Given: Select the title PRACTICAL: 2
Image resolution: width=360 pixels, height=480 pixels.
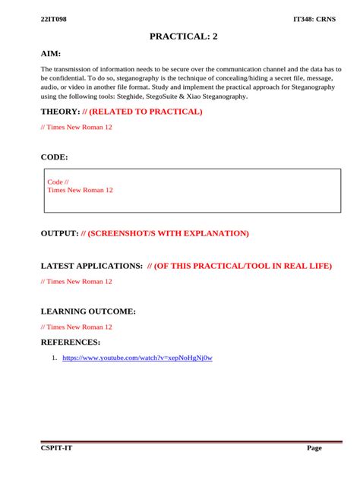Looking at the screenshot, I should (184, 36).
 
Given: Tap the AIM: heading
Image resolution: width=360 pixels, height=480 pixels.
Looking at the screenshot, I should (51, 54).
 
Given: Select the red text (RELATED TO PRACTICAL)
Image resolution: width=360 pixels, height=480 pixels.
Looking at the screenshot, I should (146, 112).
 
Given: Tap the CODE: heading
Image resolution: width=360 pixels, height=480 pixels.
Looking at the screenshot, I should (54, 157).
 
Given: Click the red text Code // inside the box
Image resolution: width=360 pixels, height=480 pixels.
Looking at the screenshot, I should (58, 182).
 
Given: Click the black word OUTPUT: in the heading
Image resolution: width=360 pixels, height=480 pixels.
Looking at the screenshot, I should (59, 233).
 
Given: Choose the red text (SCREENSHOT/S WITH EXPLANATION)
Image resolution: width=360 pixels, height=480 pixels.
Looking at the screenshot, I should (168, 233).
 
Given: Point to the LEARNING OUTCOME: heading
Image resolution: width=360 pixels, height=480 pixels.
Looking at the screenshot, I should (88, 311).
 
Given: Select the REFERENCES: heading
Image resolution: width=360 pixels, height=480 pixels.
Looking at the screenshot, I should (70, 343).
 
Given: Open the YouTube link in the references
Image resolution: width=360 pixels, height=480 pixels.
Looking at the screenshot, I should (137, 357).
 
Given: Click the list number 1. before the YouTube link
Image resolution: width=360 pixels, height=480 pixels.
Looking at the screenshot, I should (55, 357).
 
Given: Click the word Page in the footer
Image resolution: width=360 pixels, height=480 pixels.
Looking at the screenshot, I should (314, 448).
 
